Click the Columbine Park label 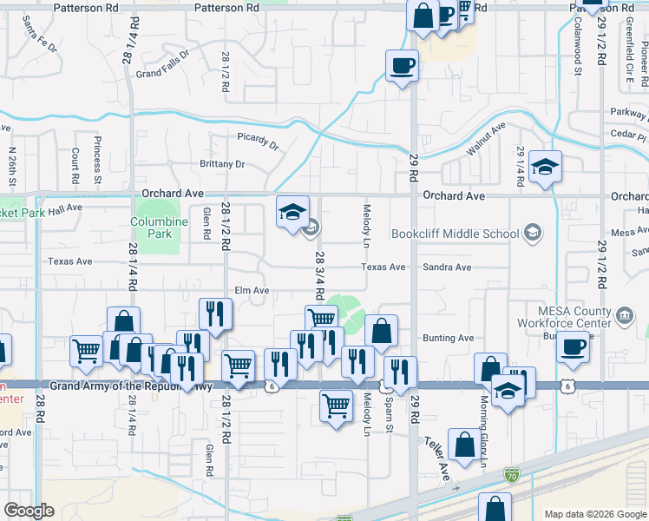tap(159, 228)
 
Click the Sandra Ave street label tap(446, 267)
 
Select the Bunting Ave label tap(449, 338)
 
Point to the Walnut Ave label tap(485, 139)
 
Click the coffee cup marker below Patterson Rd tap(403, 65)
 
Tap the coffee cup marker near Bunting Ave tap(573, 347)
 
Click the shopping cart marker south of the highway tap(336, 404)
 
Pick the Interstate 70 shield tap(513, 475)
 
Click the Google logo tap(29, 511)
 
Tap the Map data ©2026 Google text tap(594, 513)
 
